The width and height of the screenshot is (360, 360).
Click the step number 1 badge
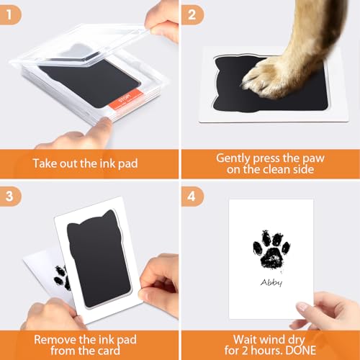(x=12, y=12)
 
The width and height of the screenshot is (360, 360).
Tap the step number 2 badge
(x=192, y=12)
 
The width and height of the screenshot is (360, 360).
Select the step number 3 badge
(x=12, y=192)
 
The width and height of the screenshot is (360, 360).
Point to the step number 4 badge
(x=192, y=192)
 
